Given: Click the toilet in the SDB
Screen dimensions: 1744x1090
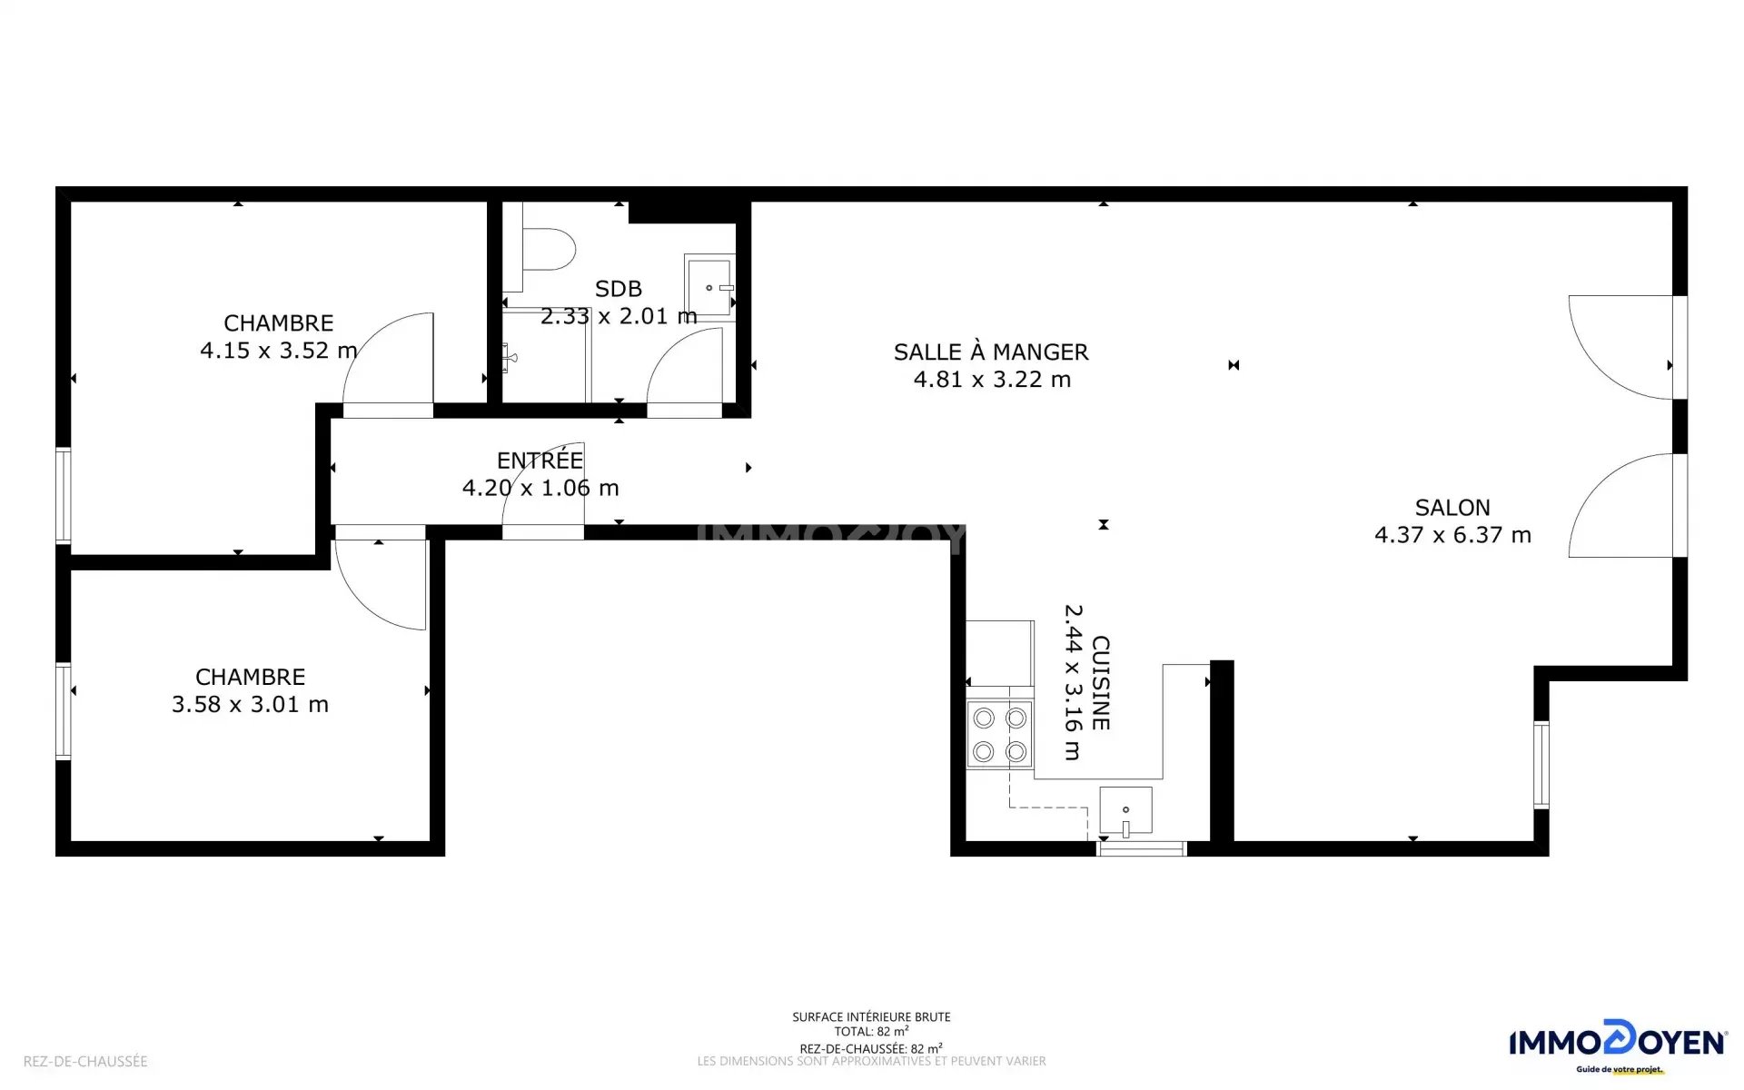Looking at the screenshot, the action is point(549,249).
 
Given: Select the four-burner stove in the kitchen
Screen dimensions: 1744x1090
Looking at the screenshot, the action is point(999,734).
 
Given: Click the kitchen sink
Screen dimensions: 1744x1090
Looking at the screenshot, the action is point(1125,810).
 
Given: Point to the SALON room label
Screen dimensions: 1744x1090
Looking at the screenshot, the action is point(1452,508).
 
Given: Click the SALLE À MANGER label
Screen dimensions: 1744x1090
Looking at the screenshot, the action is point(991,352).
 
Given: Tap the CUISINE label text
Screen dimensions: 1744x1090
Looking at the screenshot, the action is point(1100,683).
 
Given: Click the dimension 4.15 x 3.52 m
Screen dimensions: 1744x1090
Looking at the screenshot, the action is point(279,351).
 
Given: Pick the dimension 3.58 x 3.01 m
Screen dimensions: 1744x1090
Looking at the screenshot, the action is point(250,704).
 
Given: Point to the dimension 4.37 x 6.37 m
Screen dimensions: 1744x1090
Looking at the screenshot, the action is point(1452,535).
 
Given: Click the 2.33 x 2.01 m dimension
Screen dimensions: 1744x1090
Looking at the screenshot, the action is point(619,316).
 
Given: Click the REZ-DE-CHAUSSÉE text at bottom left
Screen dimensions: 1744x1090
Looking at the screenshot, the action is point(85,1061).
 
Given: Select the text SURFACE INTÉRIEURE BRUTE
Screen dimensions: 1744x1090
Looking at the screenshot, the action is point(871,1017).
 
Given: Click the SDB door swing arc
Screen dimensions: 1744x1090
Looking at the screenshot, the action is point(673,349).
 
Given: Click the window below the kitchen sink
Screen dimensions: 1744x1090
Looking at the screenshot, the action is point(1142,849).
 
